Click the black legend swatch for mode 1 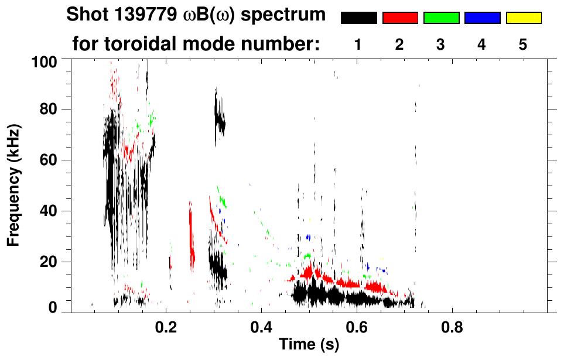pyautogui.click(x=358, y=18)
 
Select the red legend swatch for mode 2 pyautogui.click(x=400, y=18)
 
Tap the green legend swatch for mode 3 pyautogui.click(x=441, y=18)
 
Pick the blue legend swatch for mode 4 pyautogui.click(x=482, y=18)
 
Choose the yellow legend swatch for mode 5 pyautogui.click(x=523, y=18)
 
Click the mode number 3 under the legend pyautogui.click(x=441, y=45)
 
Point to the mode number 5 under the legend pyautogui.click(x=523, y=45)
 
